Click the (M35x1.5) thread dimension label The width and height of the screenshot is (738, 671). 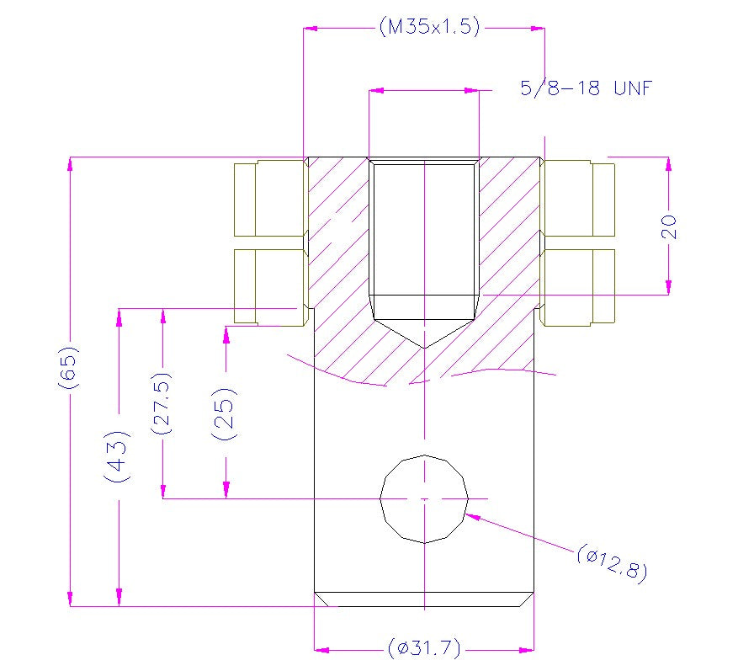pos(429,26)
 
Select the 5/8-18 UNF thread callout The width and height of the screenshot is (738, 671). pos(586,88)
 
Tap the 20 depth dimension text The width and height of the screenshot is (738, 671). pos(670,226)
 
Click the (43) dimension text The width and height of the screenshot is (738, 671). pos(116,456)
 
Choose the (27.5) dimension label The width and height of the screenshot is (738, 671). pos(161,403)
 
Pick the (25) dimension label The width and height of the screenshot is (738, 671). pos(225,414)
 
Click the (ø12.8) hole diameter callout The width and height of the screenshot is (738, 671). pos(613,563)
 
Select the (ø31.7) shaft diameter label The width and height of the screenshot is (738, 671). pos(424,648)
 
